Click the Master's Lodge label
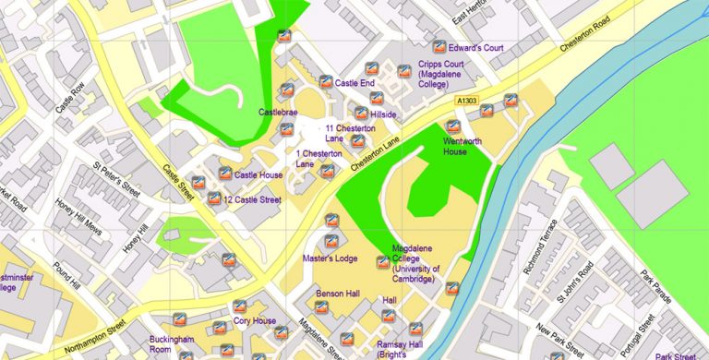tap(330, 258)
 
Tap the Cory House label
tap(255, 321)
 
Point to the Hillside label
tap(383, 114)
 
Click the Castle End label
tap(354, 83)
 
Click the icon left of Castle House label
tap(223, 173)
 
